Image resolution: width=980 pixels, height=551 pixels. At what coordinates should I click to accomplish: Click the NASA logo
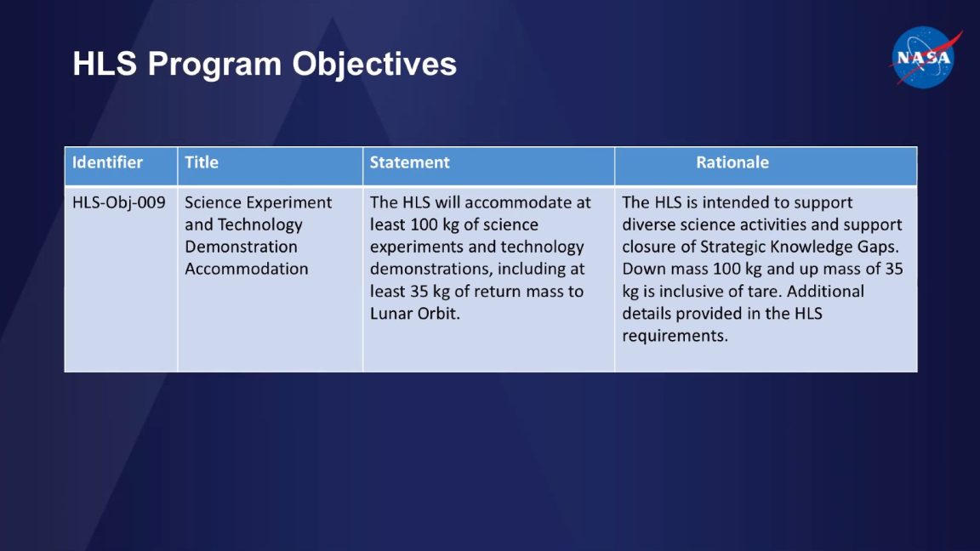pyautogui.click(x=925, y=57)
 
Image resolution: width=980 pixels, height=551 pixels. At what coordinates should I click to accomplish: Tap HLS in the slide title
pyautogui.click(x=105, y=65)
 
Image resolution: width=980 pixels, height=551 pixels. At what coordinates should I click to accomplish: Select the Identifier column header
pyautogui.click(x=107, y=162)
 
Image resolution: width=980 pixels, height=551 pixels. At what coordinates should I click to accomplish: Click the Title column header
pyautogui.click(x=202, y=162)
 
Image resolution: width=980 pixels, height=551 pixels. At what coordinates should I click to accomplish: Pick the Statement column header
pyautogui.click(x=409, y=162)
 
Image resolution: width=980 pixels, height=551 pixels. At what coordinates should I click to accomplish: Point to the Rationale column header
pyautogui.click(x=732, y=162)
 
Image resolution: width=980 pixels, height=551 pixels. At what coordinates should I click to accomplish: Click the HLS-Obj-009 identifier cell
pyautogui.click(x=118, y=203)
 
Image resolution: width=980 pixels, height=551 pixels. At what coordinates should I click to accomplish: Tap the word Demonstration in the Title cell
pyautogui.click(x=241, y=247)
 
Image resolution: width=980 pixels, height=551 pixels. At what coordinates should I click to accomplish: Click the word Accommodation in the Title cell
pyautogui.click(x=246, y=270)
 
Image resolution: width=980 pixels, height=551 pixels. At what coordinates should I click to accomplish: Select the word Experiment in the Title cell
pyautogui.click(x=288, y=203)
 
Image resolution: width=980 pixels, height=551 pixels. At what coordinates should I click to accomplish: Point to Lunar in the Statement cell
pyautogui.click(x=392, y=314)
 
